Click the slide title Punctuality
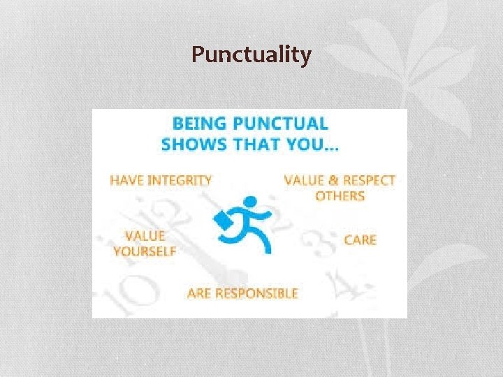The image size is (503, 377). [x=251, y=54]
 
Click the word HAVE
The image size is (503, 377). [x=128, y=180]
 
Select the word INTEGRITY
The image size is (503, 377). [x=181, y=180]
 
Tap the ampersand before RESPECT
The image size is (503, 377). [x=331, y=180]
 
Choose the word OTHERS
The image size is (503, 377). [x=340, y=196]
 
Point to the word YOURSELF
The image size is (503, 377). [x=144, y=251]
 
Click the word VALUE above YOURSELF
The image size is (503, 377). [x=145, y=236]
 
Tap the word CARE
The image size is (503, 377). [x=360, y=240]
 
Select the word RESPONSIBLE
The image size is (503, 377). [x=257, y=293]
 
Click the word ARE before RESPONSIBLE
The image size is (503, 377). [x=200, y=293]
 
